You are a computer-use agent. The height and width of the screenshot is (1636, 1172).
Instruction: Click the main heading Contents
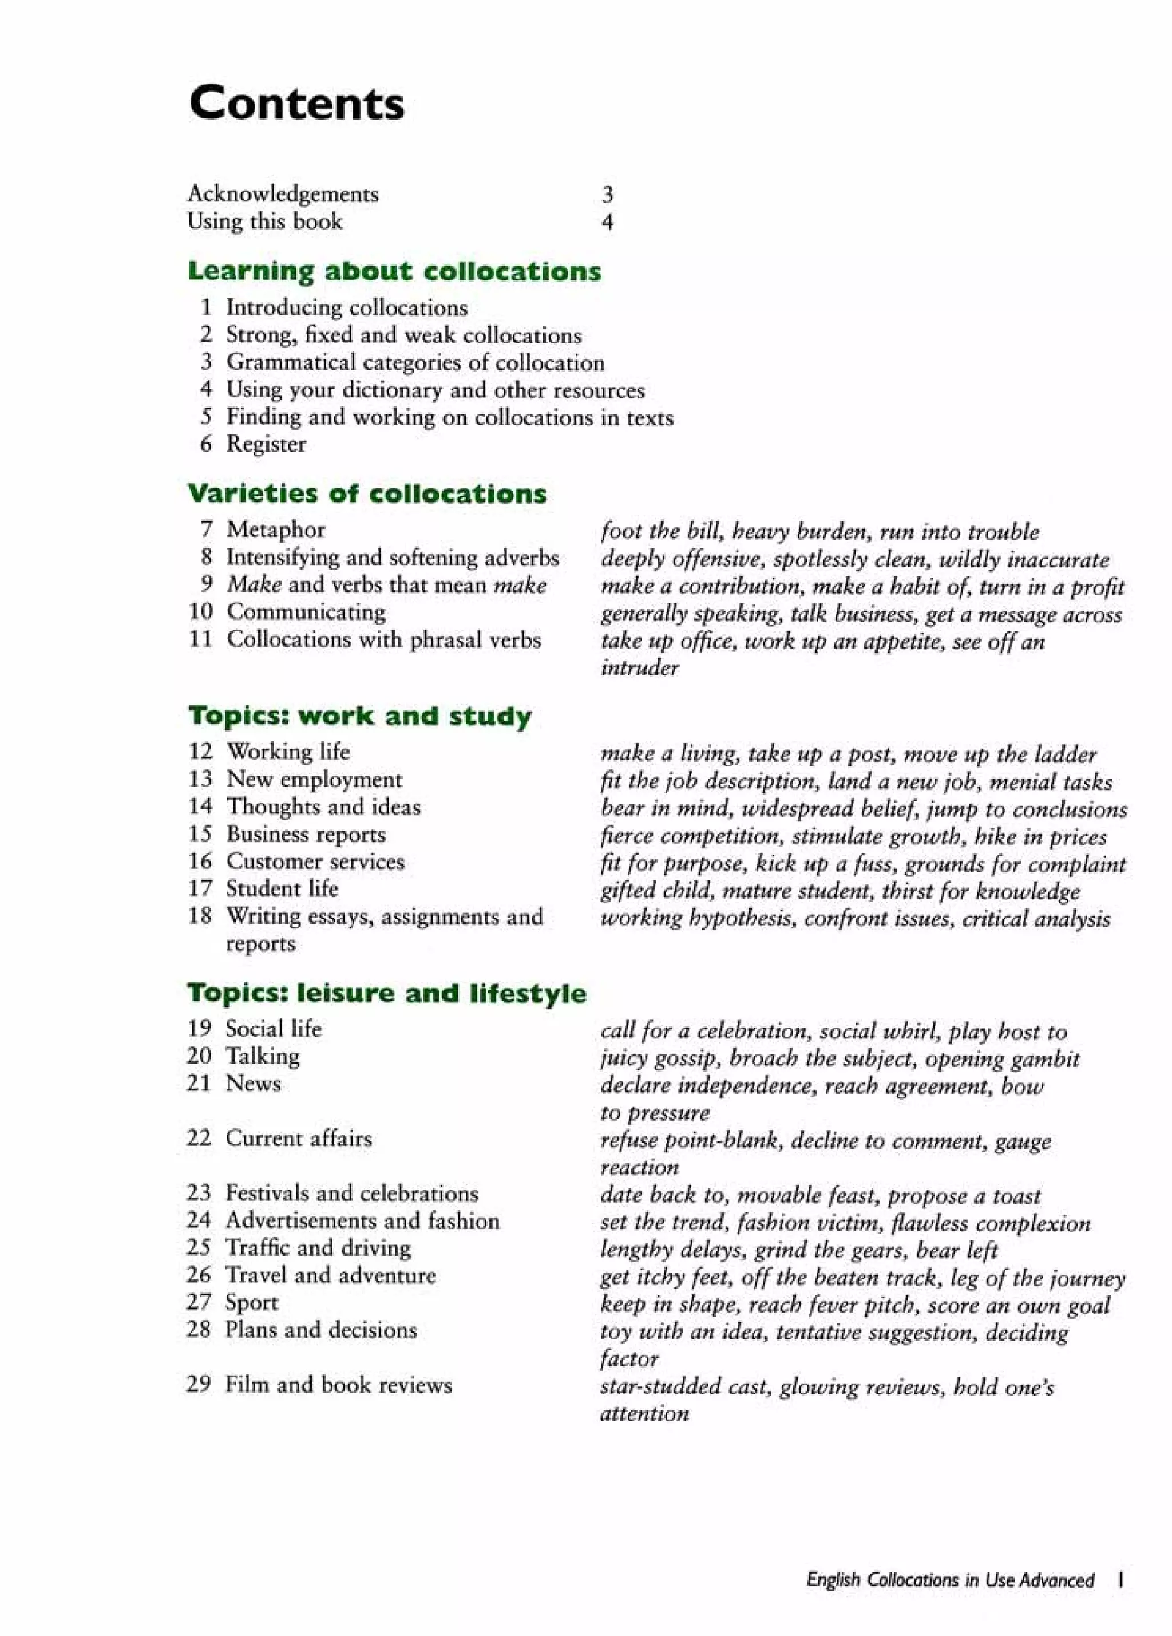pyautogui.click(x=296, y=103)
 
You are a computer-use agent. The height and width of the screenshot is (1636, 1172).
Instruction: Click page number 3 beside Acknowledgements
pyautogui.click(x=607, y=194)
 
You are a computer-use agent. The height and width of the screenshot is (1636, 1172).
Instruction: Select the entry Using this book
pyautogui.click(x=265, y=221)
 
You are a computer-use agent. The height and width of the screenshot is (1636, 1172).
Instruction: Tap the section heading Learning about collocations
pyautogui.click(x=394, y=271)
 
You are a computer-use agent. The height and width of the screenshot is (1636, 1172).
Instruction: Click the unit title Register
pyautogui.click(x=266, y=444)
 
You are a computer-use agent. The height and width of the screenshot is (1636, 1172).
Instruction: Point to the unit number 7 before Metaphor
pyautogui.click(x=206, y=529)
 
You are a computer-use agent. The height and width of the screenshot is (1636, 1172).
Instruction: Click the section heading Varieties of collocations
pyautogui.click(x=366, y=493)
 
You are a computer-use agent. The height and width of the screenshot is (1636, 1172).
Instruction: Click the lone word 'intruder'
pyautogui.click(x=639, y=668)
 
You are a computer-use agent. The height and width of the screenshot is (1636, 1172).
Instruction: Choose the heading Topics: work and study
pyautogui.click(x=360, y=716)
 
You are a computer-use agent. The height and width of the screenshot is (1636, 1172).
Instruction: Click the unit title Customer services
pyautogui.click(x=315, y=862)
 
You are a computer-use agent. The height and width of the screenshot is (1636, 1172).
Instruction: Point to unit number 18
pyautogui.click(x=200, y=916)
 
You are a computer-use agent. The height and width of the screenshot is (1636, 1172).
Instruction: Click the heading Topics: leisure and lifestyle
pyautogui.click(x=387, y=993)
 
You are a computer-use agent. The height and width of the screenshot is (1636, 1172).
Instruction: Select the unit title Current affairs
pyautogui.click(x=299, y=1139)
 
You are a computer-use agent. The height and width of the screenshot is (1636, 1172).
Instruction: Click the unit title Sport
pyautogui.click(x=251, y=1303)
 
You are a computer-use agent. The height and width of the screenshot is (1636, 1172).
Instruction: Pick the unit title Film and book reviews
pyautogui.click(x=338, y=1385)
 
